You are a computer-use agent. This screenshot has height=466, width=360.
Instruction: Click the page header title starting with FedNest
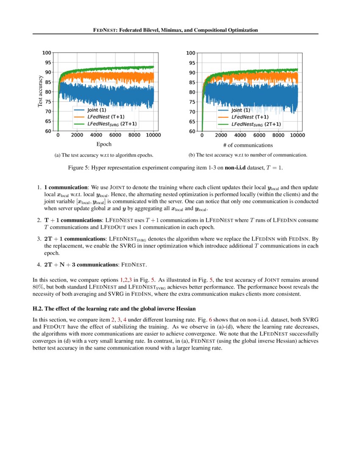[x=175, y=30]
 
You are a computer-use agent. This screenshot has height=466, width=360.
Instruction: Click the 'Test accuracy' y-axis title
[x=40, y=91]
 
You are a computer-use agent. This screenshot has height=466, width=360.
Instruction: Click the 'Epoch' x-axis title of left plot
[x=104, y=144]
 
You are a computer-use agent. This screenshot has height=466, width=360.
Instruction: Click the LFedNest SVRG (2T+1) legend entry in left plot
[x=112, y=124]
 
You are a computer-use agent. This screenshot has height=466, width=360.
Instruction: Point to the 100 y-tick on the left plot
[x=47, y=53]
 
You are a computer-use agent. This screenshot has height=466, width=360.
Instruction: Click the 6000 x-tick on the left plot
[x=115, y=135]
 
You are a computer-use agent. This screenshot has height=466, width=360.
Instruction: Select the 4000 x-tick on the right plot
[x=240, y=136]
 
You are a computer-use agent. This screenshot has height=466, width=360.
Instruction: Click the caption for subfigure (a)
[x=104, y=155]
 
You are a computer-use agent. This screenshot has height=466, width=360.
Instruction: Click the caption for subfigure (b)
[x=248, y=155]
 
